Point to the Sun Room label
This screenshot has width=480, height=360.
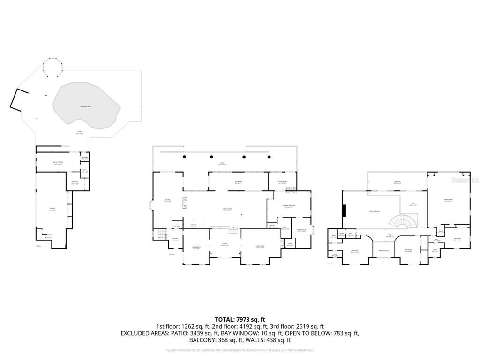(x=238, y=182)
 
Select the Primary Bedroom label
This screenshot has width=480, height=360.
(x=288, y=206)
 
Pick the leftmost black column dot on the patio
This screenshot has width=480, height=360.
(x=185, y=156)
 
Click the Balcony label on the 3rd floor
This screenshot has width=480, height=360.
(x=397, y=182)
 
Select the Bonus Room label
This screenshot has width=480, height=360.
(x=449, y=200)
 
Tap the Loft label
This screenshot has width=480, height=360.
(x=412, y=205)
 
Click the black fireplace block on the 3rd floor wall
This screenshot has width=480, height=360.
(x=345, y=211)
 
